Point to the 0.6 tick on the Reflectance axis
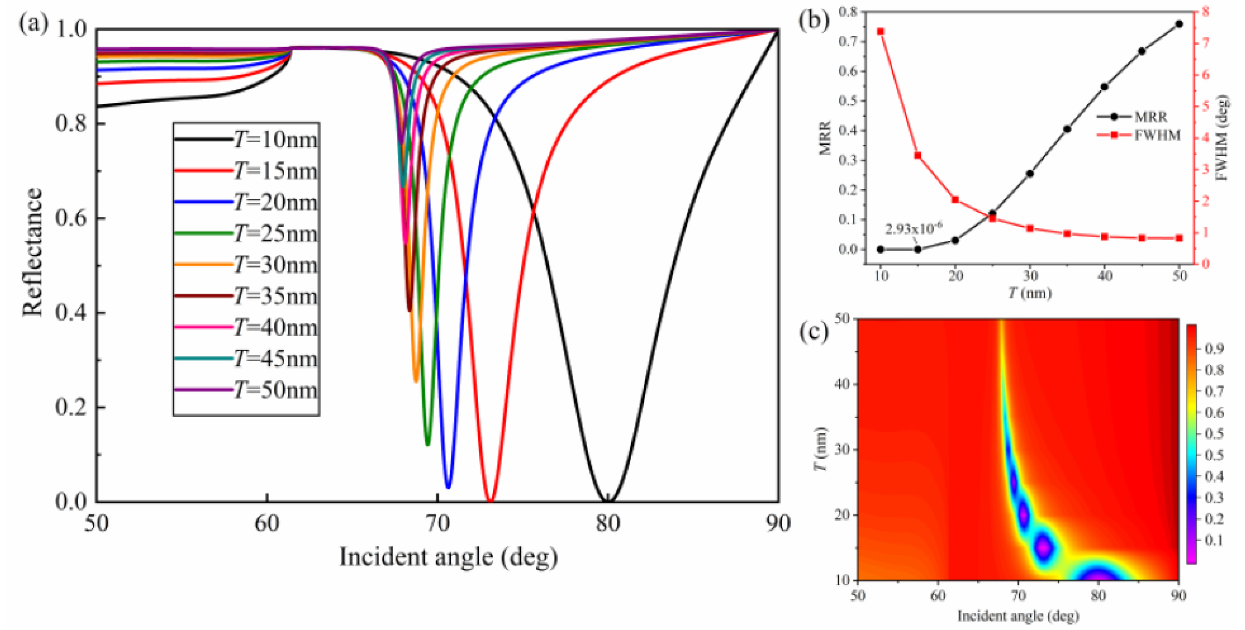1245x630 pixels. (71, 218)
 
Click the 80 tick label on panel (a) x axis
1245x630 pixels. (608, 524)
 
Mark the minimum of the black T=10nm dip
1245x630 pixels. (608, 500)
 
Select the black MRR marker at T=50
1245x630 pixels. (1179, 24)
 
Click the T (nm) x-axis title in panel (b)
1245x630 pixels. (1030, 293)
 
